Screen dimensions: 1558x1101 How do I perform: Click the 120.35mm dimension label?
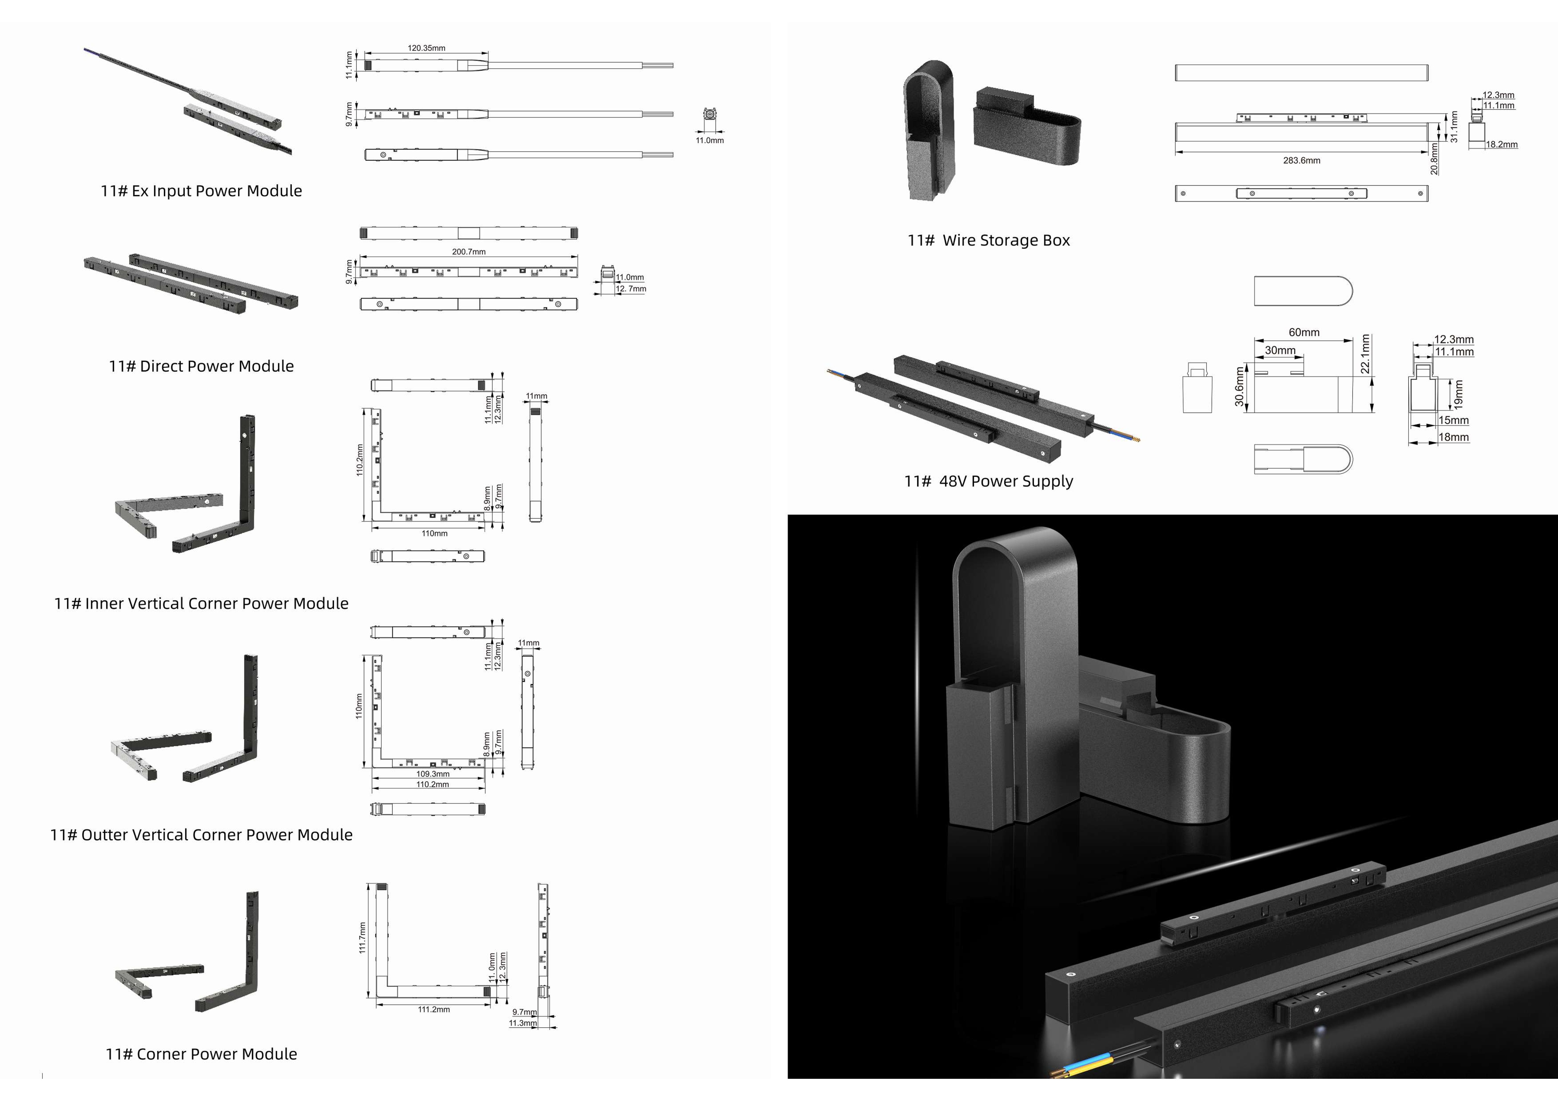click(x=426, y=48)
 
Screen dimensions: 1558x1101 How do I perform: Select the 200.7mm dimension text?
click(x=469, y=252)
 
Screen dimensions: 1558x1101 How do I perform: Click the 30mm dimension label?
click(x=1280, y=350)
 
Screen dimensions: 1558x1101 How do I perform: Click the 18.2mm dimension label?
click(x=1502, y=145)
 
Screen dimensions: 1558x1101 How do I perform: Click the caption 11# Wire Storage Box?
click(x=989, y=240)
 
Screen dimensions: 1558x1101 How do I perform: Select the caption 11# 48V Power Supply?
click(x=989, y=481)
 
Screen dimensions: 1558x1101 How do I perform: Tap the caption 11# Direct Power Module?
click(x=201, y=366)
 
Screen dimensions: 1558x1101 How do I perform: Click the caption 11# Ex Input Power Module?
click(x=201, y=191)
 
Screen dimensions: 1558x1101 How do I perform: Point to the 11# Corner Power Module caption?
click(x=201, y=1054)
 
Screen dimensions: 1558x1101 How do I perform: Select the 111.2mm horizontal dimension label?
click(x=434, y=1009)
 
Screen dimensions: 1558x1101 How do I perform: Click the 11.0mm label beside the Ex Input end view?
click(x=710, y=140)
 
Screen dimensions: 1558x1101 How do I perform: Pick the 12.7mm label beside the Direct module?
click(x=631, y=289)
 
